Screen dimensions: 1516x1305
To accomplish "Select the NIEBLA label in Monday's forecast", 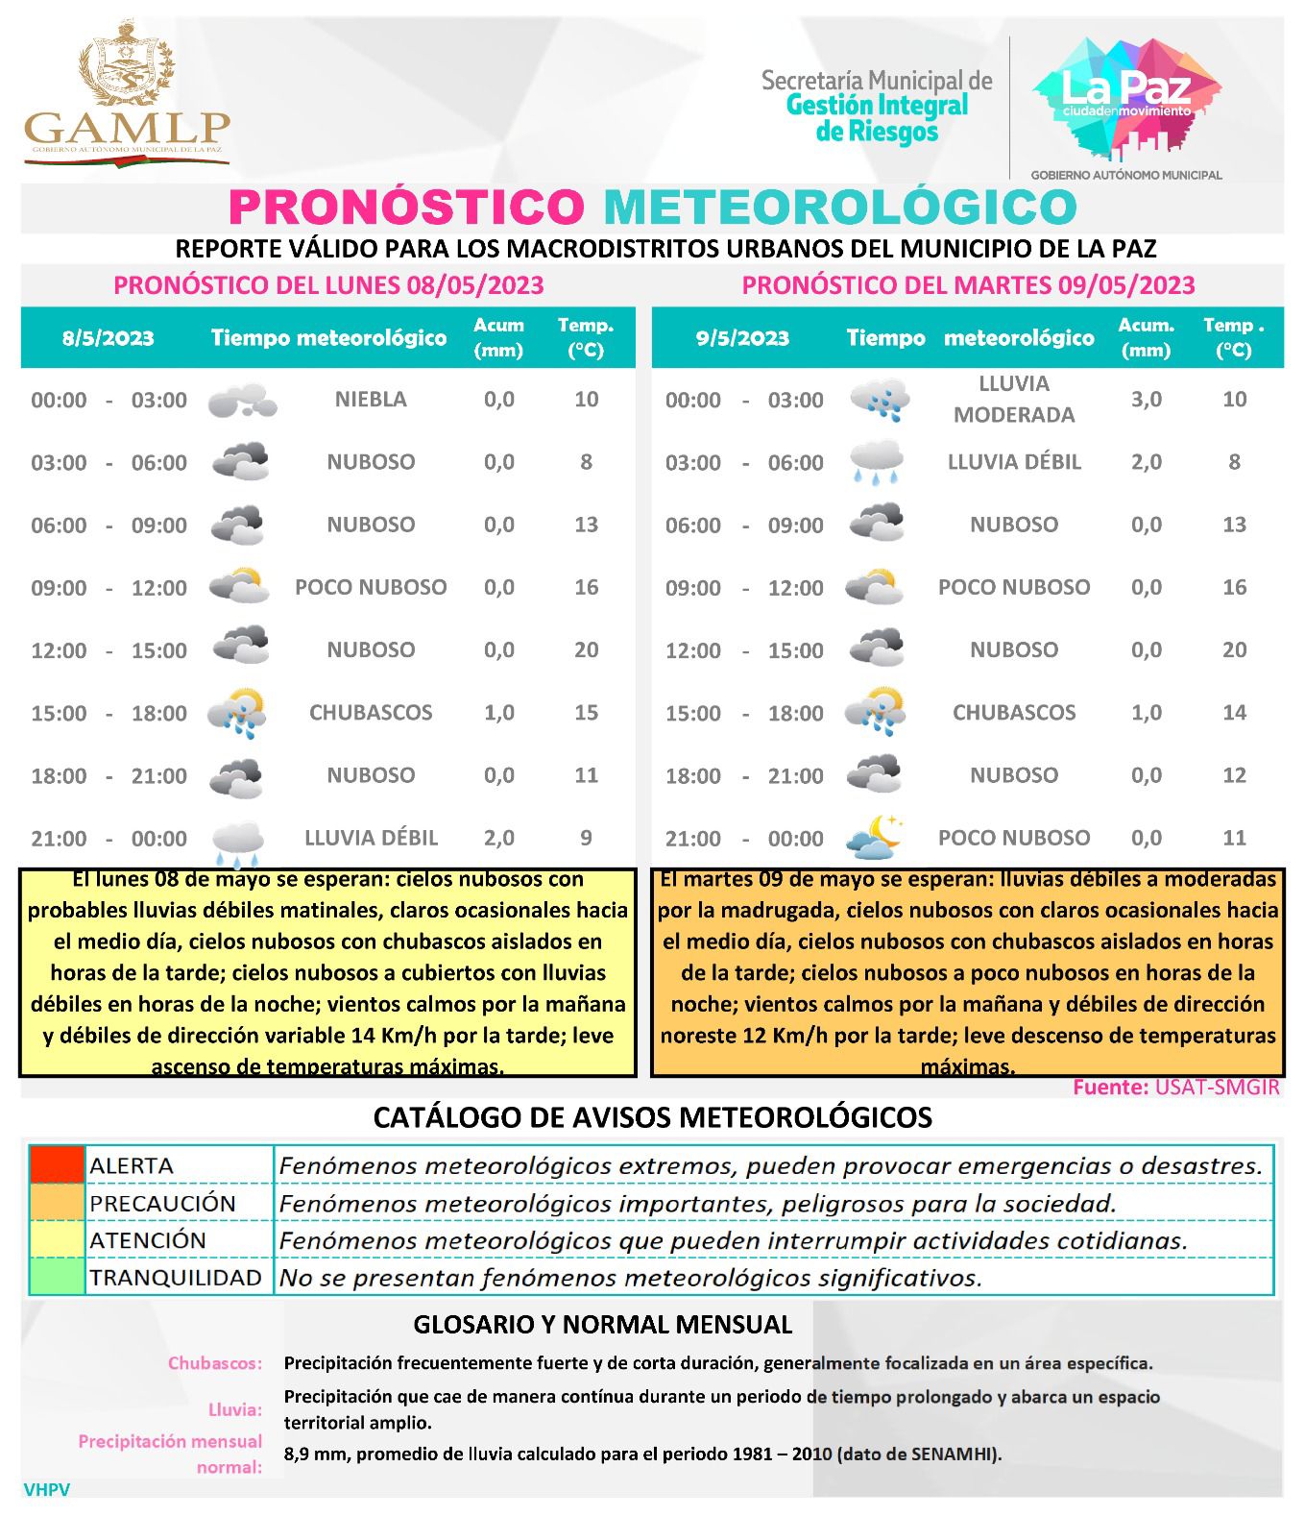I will pos(371,399).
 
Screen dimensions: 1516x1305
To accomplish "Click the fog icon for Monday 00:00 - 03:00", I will pos(241,401).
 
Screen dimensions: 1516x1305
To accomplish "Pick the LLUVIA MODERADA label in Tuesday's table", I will pos(1013,399).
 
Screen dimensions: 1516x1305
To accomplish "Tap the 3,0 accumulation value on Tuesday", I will pos(1146,399).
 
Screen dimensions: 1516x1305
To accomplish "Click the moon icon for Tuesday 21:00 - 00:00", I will pos(874,838).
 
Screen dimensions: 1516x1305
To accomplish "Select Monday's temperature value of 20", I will pos(586,650).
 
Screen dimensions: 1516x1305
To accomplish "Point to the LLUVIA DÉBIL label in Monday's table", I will pos(371,838).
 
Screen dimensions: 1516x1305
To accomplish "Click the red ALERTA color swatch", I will pos(58,1165).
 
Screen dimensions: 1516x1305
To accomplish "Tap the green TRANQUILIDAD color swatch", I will pos(58,1278).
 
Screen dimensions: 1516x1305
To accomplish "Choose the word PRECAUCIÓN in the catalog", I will pos(162,1203).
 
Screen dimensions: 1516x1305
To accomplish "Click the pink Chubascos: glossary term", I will pos(214,1363).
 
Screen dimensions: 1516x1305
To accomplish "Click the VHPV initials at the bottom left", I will pos(46,1490).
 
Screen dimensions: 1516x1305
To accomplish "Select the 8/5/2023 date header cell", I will pos(108,338).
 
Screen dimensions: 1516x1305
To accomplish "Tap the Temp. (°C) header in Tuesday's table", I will pos(1233,337).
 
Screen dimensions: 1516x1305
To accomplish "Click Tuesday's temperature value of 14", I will pos(1234,713).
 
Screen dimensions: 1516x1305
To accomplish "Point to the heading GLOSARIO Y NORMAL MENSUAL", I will pos(602,1325).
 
